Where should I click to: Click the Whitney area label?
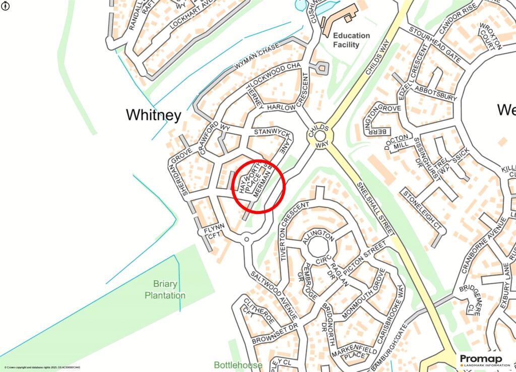coord(153,115)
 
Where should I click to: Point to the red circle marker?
coord(259,186)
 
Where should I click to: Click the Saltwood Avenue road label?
coord(272,296)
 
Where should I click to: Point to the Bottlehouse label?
coord(238,365)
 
